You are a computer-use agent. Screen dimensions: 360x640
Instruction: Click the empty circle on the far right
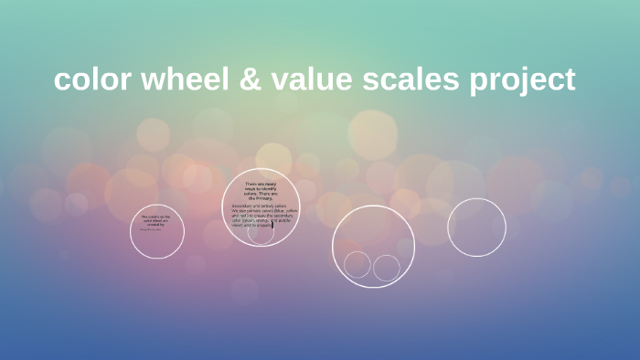(x=476, y=228)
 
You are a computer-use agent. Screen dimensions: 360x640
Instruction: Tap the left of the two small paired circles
(x=357, y=264)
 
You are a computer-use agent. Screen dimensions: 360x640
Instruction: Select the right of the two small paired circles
(x=387, y=268)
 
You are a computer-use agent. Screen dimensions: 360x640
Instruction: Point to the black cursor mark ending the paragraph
(x=272, y=224)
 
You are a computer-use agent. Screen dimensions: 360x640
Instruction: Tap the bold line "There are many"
(x=261, y=184)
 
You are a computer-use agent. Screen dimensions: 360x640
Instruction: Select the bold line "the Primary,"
(x=261, y=197)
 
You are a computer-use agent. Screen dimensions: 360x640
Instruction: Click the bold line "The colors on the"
(x=155, y=216)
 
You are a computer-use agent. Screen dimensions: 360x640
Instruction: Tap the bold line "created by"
(x=155, y=224)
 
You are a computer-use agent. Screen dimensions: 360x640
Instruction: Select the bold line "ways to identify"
(x=261, y=188)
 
